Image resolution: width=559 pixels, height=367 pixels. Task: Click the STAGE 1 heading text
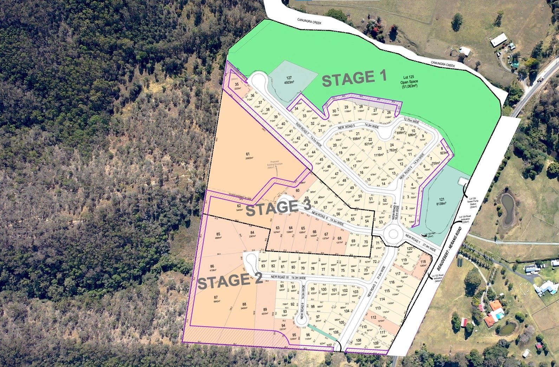354,78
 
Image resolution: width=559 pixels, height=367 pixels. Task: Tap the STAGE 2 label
230,281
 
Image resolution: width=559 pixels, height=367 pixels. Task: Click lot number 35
237,84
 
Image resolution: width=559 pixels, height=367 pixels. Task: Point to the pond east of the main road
507,210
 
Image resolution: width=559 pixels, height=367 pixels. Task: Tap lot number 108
358,340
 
